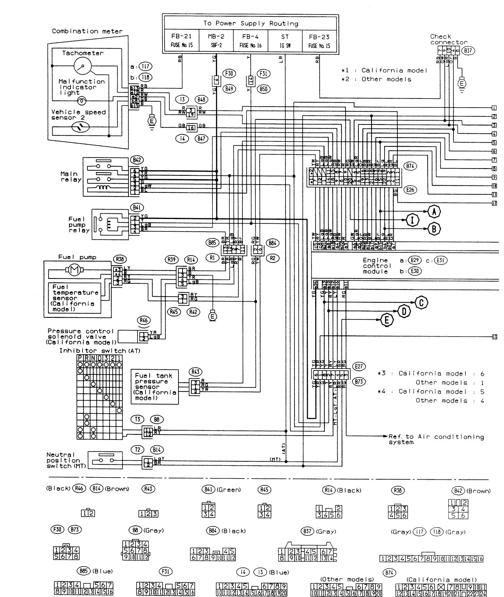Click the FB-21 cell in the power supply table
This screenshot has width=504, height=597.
click(182, 41)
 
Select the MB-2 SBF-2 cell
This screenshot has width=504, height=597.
click(216, 41)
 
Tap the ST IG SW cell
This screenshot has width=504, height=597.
click(285, 41)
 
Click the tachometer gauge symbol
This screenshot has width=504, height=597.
click(83, 66)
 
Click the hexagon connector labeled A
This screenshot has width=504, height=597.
click(434, 212)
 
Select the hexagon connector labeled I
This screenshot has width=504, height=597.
click(412, 220)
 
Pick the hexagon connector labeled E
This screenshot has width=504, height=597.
click(387, 320)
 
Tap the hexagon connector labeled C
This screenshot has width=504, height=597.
click(421, 302)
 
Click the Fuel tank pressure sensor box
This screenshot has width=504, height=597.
click(155, 387)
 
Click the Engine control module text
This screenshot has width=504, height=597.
click(375, 266)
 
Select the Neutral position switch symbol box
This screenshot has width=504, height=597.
click(105, 460)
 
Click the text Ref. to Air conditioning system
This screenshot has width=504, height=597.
click(436, 439)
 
